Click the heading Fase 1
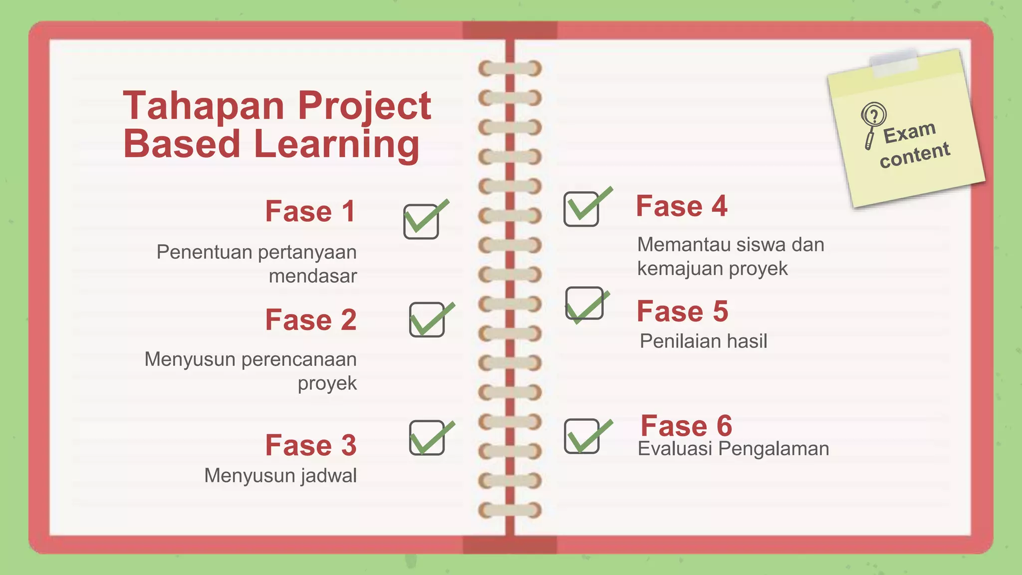pos(310,211)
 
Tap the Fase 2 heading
pos(310,320)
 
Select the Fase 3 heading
pos(310,445)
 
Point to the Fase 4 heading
pos(682,206)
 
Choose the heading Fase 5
pos(682,311)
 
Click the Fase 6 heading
pos(686,426)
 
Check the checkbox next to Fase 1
pos(421,222)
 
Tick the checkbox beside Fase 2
pos(427,320)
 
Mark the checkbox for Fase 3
pos(427,438)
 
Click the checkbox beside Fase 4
pos(581,209)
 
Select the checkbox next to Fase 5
pos(584,303)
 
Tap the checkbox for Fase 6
pos(582,436)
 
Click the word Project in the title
pos(364,106)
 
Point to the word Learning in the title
pos(336,144)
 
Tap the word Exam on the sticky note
pos(909,132)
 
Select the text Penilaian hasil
pos(703,341)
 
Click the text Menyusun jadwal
pos(280,476)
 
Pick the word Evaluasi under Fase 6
pos(675,449)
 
